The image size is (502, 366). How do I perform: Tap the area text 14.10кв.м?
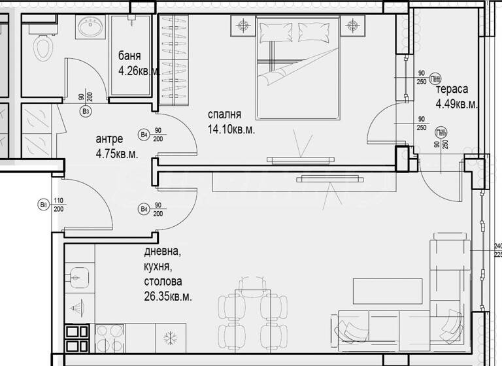tap(231, 129)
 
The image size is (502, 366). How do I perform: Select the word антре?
tap(109, 139)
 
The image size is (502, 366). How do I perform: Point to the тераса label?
tap(451, 90)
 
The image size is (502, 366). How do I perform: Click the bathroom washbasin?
tap(88, 27)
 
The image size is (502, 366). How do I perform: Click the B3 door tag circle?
tap(85, 112)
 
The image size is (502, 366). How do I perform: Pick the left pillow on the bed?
tap(273, 31)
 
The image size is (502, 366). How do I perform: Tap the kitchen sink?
tap(79, 277)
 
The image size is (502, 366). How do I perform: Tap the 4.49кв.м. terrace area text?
tap(457, 104)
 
